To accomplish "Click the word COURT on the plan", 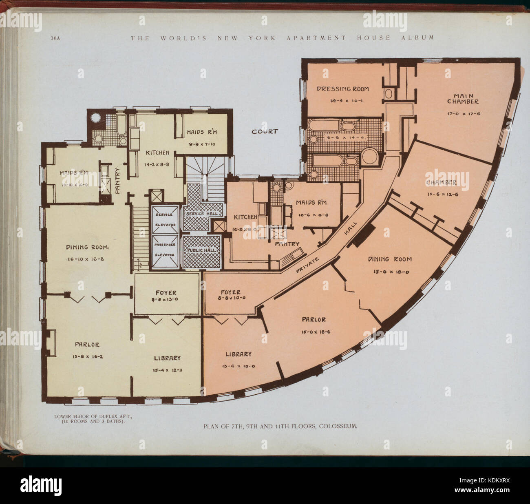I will pyautogui.click(x=265, y=131).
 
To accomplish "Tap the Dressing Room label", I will pyautogui.click(x=343, y=89).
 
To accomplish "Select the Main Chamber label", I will pyautogui.click(x=463, y=99).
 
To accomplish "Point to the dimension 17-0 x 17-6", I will pyautogui.click(x=464, y=114).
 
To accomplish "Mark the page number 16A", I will pyautogui.click(x=55, y=38).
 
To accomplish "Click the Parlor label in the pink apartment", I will pyautogui.click(x=314, y=320).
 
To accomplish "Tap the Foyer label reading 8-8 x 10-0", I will pyautogui.click(x=230, y=299).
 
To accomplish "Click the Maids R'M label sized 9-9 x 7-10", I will pyautogui.click(x=201, y=132).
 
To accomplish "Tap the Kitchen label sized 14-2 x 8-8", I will pyautogui.click(x=157, y=153).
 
